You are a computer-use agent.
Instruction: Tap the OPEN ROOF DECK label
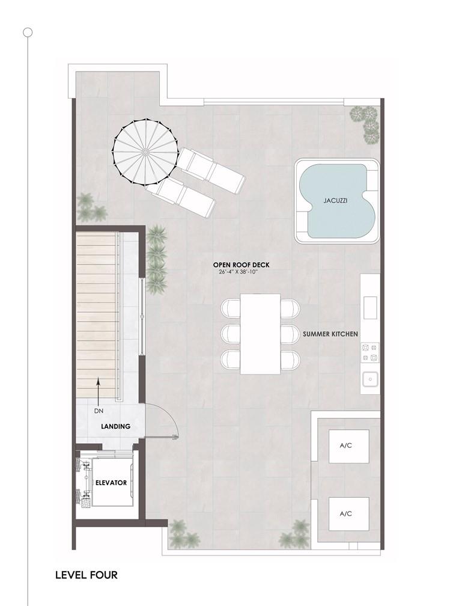242,265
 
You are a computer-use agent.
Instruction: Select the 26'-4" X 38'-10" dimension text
238,271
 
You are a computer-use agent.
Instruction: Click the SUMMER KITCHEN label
330,334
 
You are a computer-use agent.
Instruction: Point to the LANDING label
115,427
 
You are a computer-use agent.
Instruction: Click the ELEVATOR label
111,483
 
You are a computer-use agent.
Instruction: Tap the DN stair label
99,411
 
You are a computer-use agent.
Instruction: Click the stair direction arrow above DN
99,391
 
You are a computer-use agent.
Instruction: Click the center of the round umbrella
145,152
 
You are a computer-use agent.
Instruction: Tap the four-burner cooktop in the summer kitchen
370,353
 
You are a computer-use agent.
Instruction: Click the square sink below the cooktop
370,379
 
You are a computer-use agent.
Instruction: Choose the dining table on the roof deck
260,334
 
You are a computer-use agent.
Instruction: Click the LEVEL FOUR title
87,575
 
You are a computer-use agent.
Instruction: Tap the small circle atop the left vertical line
28,32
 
